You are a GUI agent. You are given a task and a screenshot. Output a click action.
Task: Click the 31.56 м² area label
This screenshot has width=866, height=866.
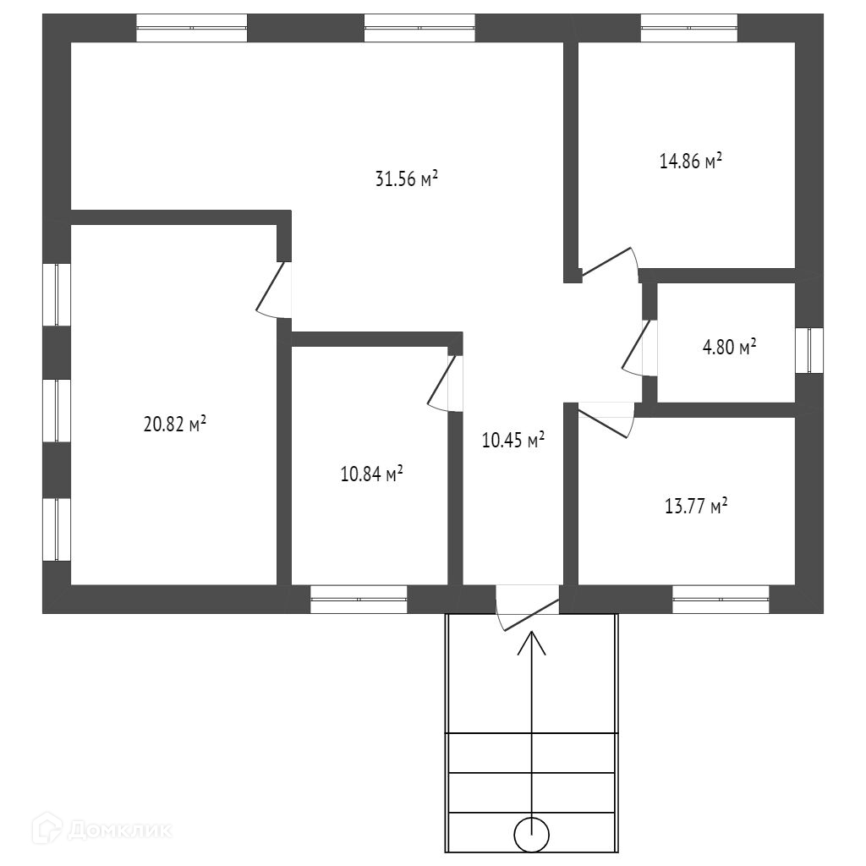pyautogui.click(x=407, y=179)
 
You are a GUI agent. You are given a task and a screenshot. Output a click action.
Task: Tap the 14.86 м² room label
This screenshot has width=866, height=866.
pyautogui.click(x=691, y=161)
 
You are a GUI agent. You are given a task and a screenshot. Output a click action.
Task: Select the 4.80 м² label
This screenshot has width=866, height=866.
pyautogui.click(x=729, y=347)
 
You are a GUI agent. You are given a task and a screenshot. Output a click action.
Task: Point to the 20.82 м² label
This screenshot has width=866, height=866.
pyautogui.click(x=174, y=425)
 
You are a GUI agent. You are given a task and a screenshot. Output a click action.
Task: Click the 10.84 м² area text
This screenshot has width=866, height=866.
pyautogui.click(x=371, y=474)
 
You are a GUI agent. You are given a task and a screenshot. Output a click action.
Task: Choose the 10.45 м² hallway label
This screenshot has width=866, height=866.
pyautogui.click(x=513, y=440)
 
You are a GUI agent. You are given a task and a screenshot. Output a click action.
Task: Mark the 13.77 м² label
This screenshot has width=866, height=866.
pyautogui.click(x=696, y=506)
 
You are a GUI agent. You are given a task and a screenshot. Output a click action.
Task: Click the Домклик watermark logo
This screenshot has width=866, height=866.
pyautogui.click(x=101, y=829)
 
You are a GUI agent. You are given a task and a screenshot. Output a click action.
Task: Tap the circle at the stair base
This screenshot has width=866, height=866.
pyautogui.click(x=531, y=835)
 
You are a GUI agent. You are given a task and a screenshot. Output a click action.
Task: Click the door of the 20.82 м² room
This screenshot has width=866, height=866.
pyautogui.click(x=273, y=289)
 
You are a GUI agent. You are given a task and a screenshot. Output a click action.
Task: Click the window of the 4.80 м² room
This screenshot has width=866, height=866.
pyautogui.click(x=809, y=350)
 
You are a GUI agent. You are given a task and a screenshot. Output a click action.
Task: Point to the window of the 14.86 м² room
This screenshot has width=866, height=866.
pyautogui.click(x=688, y=28)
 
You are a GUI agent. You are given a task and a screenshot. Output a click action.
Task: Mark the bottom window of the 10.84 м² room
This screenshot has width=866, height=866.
pyautogui.click(x=359, y=600)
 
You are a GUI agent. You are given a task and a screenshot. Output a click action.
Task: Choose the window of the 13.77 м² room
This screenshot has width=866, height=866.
pyautogui.click(x=721, y=600)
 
